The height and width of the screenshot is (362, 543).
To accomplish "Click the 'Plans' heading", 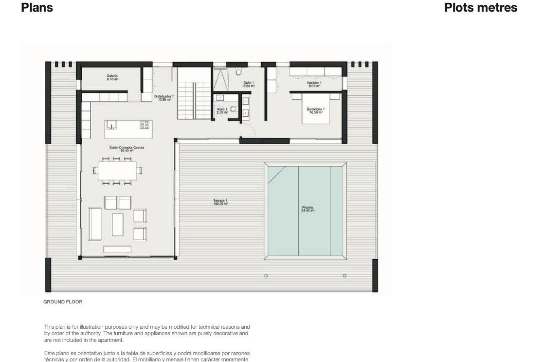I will coord(37,8).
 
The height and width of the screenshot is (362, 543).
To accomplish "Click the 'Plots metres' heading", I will coord(480,8).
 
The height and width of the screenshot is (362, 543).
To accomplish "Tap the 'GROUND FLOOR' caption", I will coord(63,302).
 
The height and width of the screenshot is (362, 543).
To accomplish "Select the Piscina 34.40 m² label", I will coord(307,209).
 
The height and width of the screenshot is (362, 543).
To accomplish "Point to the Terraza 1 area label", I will coord(221,202).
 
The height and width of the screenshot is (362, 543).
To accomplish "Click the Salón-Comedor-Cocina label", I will coord(126,149).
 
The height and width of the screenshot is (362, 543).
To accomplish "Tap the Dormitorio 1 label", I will coord(316,111).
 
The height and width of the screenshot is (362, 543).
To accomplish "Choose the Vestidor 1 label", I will coord(314,84).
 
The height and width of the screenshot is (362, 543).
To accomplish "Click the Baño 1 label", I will coord(249,84).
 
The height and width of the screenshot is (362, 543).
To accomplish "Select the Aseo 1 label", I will coord(222,111).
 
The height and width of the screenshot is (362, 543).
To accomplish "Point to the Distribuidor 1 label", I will coord(164,98).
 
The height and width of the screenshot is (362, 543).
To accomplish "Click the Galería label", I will coord(112,77).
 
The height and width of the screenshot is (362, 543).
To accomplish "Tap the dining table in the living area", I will coord(117,171).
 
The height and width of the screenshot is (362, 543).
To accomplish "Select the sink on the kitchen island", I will coord(111,125).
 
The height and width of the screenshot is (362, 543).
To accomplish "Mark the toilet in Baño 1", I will coord(238,72).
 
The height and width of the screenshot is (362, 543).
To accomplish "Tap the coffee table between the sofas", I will coord(117,225).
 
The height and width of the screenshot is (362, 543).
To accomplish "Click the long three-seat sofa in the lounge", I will coord(95,224).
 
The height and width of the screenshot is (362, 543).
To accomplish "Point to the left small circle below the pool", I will coord(266,276).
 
